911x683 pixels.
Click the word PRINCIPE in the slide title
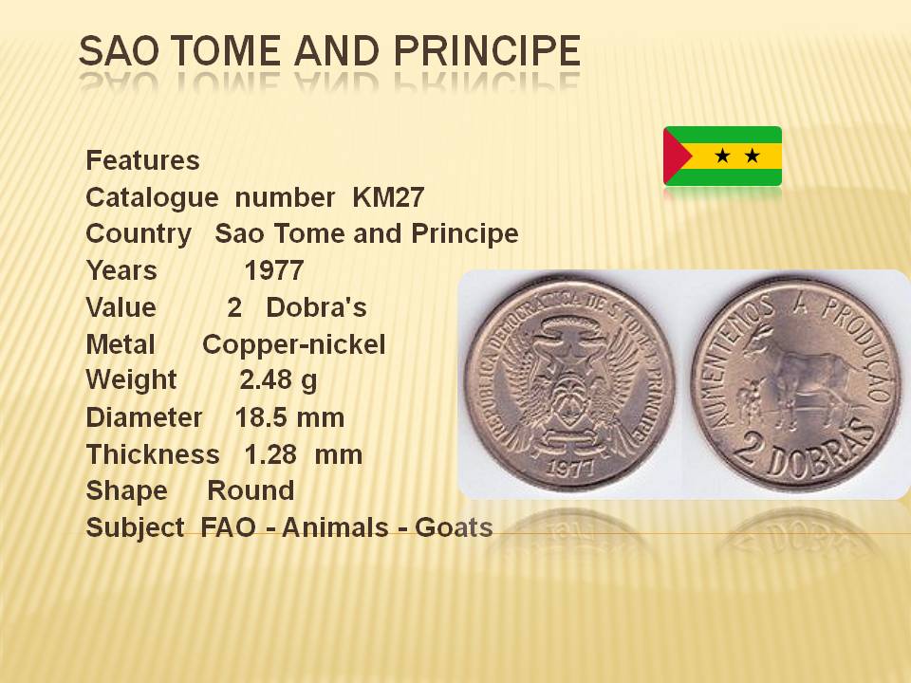click(x=487, y=50)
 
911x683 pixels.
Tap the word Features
click(x=142, y=160)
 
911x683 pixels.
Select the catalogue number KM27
click(x=388, y=197)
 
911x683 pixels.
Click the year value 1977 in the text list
click(x=273, y=270)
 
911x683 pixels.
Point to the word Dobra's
click(x=316, y=307)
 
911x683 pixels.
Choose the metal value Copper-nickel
click(x=294, y=345)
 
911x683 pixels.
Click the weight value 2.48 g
click(x=278, y=380)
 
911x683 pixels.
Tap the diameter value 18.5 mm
click(x=290, y=417)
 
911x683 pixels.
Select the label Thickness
click(x=153, y=454)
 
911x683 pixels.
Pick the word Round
click(x=251, y=490)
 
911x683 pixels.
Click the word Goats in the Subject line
click(x=454, y=528)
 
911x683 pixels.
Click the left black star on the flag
click(x=722, y=156)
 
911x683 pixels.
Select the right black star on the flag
click(x=752, y=156)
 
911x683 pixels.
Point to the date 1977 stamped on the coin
click(x=571, y=467)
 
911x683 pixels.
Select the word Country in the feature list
click(x=139, y=234)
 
